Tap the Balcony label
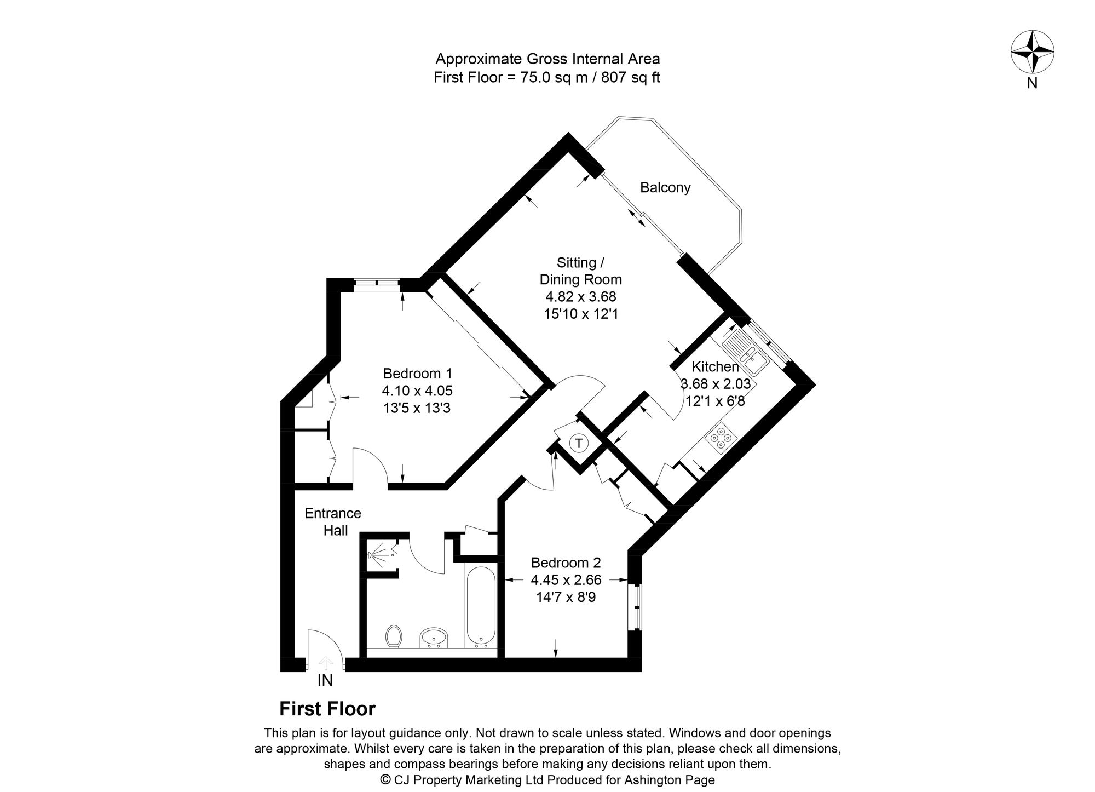tap(665, 188)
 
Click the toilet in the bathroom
tap(394, 637)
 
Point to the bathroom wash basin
tap(434, 638)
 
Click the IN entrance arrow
tap(326, 663)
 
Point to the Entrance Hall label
tap(333, 522)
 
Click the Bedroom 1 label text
tap(418, 374)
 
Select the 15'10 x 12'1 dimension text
tap(581, 314)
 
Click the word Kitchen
tap(715, 367)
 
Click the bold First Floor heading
tap(327, 709)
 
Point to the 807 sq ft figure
tap(631, 77)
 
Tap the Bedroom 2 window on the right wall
tap(636, 608)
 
